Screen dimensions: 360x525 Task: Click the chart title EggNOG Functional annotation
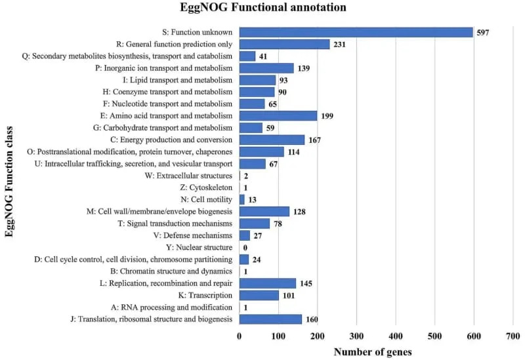(264, 9)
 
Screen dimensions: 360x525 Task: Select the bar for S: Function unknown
(356, 32)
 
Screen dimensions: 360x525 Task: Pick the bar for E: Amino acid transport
(278, 116)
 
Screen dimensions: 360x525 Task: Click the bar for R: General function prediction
(284, 44)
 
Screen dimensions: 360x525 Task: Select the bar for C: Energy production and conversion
(272, 140)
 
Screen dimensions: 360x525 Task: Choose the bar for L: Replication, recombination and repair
(268, 283)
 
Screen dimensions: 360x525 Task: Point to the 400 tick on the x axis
(396, 336)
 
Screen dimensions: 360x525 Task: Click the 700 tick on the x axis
(513, 336)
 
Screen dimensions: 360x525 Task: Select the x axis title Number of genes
(373, 352)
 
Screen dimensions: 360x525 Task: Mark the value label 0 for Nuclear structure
(245, 248)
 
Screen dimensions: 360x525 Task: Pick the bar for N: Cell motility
(242, 199)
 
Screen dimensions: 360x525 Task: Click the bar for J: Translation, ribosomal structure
(270, 319)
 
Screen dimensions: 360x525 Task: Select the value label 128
(301, 212)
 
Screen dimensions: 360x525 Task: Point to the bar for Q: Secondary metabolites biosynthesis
(247, 56)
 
